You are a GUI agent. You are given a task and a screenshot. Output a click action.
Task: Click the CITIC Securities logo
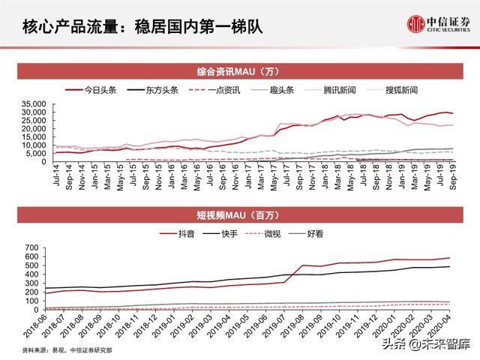pyautogui.click(x=434, y=24)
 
